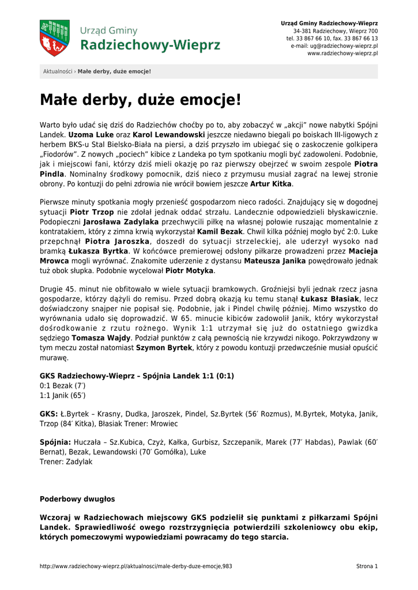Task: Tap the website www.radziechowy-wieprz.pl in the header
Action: [x=342, y=53]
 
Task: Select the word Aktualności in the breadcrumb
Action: [x=58, y=71]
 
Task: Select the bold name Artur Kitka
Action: [x=271, y=184]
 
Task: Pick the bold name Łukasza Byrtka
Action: [x=98, y=251]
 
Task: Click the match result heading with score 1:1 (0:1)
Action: [x=137, y=376]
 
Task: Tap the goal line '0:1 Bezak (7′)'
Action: [x=62, y=385]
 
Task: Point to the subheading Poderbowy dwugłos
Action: [x=77, y=499]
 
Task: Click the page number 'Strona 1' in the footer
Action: [x=367, y=566]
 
